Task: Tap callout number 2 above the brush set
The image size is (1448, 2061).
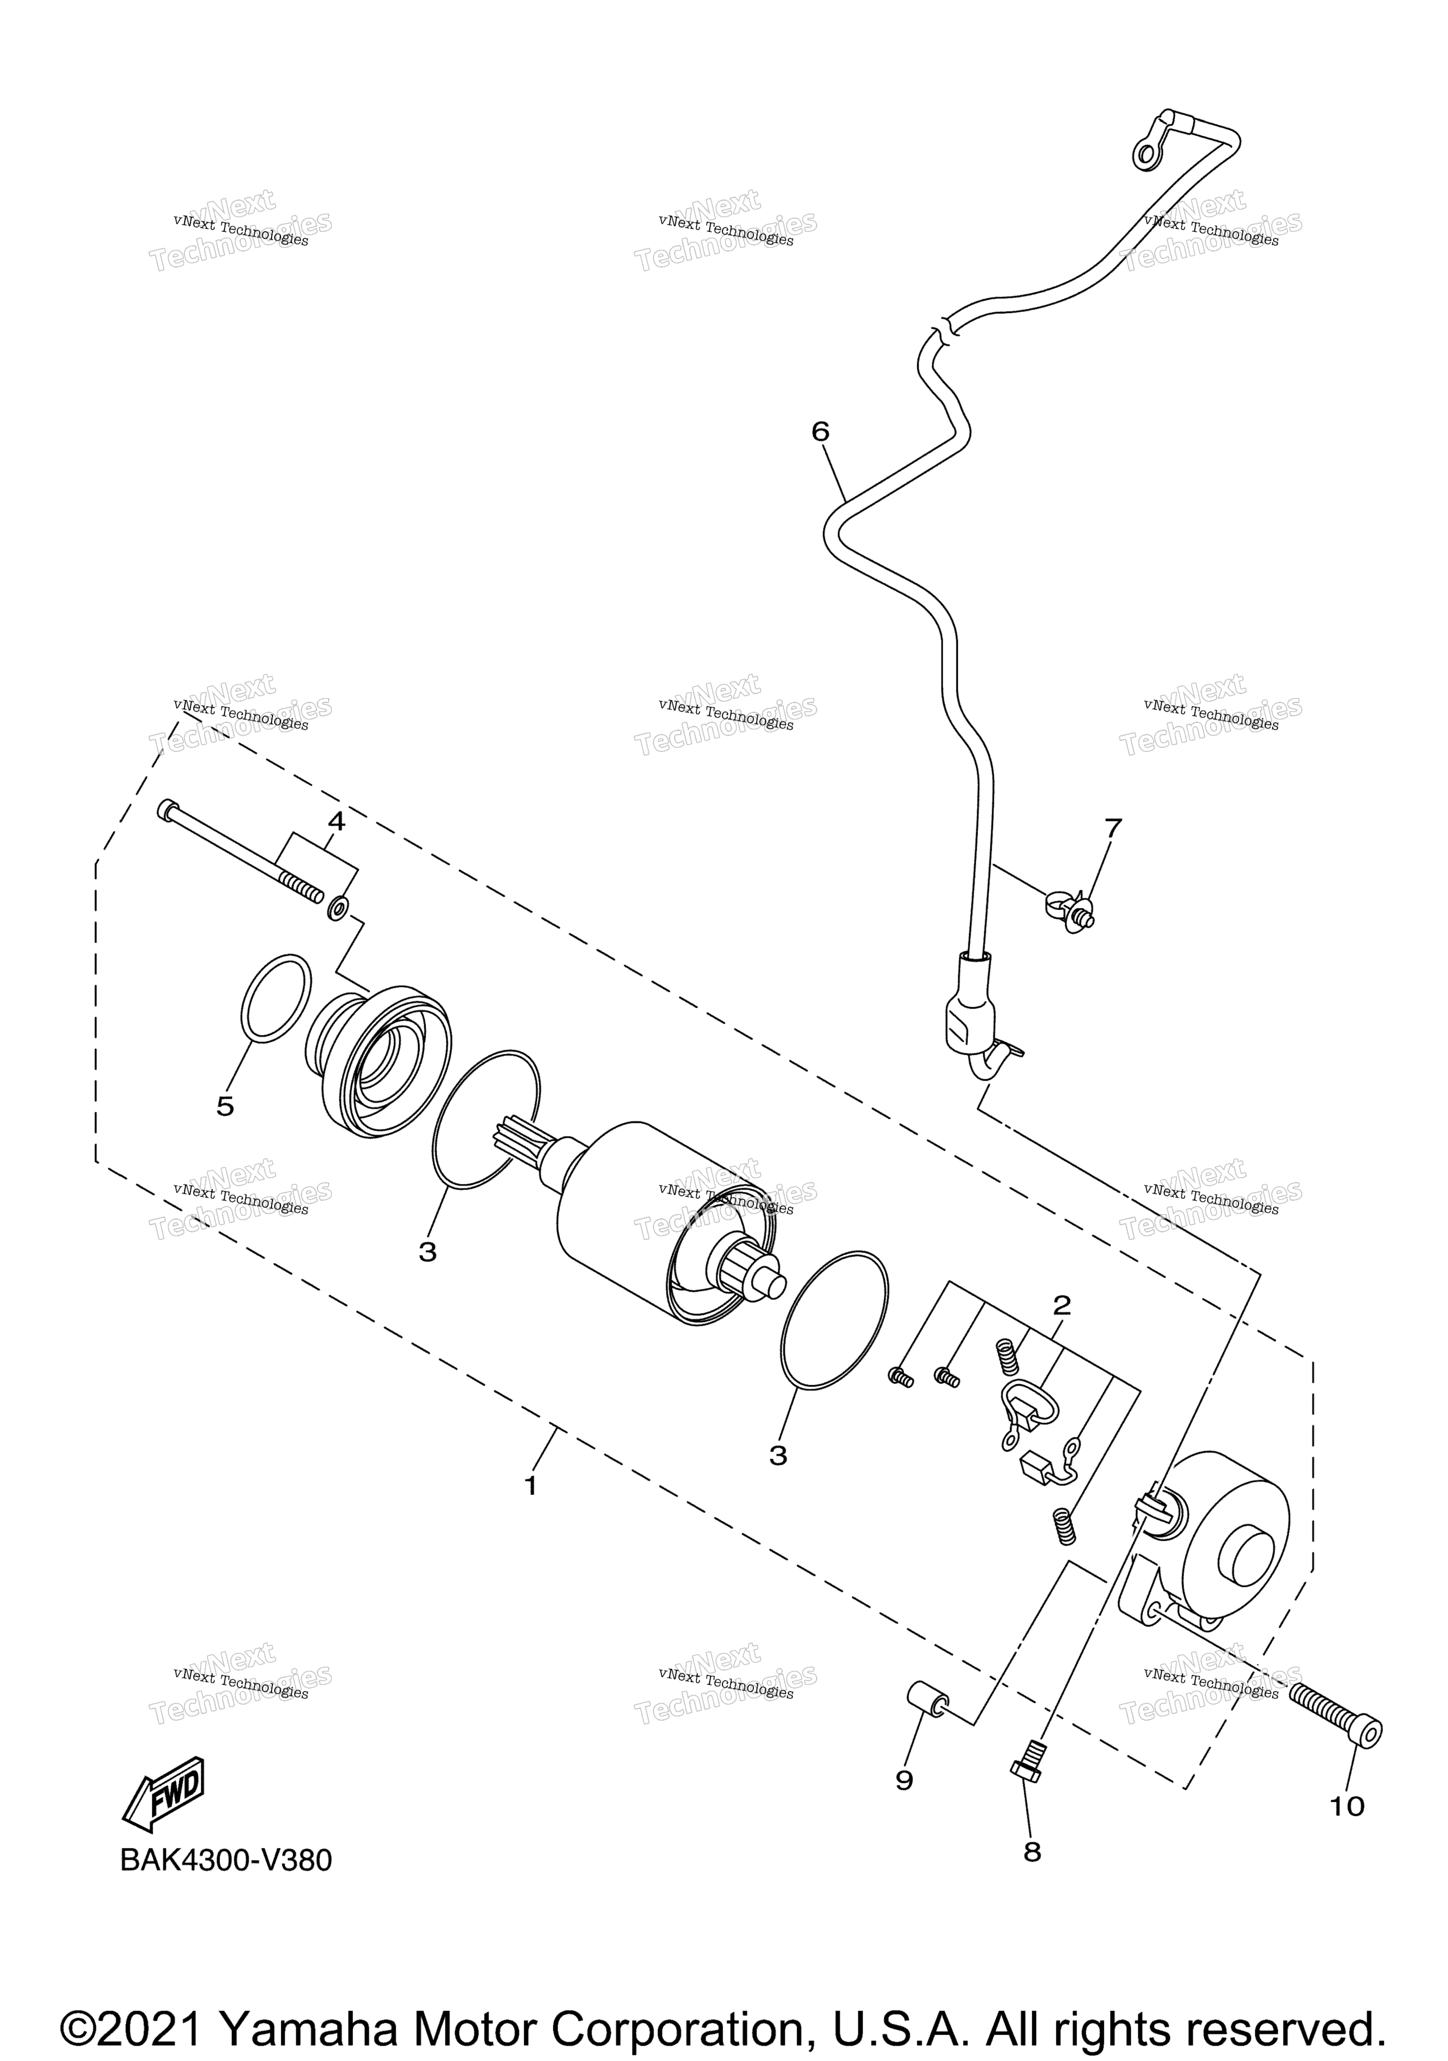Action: (x=1062, y=1305)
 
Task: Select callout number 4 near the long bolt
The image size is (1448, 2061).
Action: (x=336, y=821)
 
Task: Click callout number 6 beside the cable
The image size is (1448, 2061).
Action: (x=821, y=432)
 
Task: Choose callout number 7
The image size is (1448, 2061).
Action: (x=1113, y=828)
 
